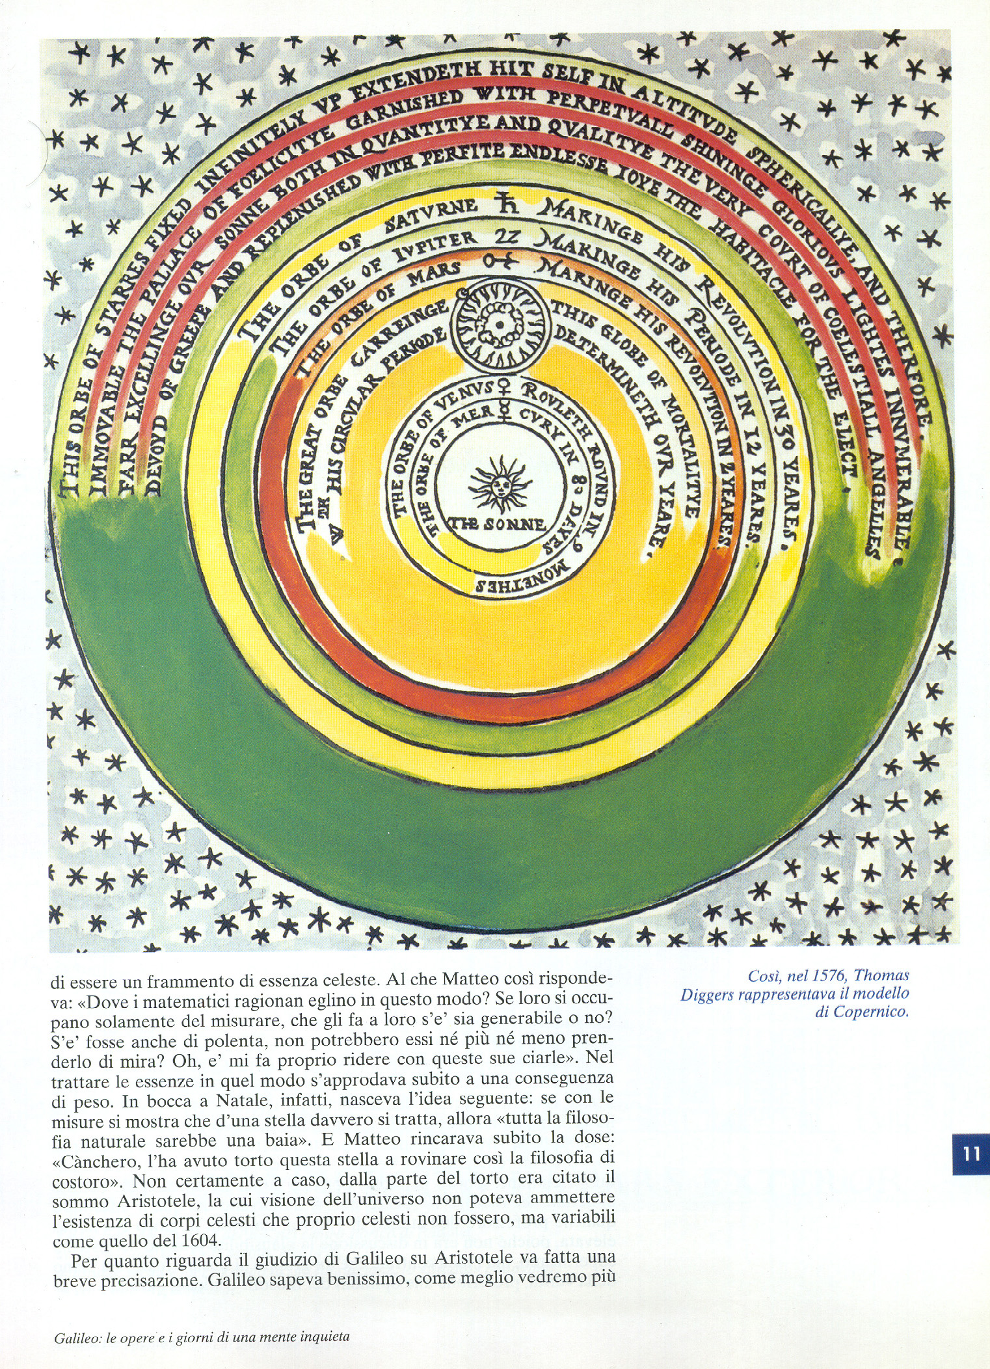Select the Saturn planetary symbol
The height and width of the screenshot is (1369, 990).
click(x=506, y=203)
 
